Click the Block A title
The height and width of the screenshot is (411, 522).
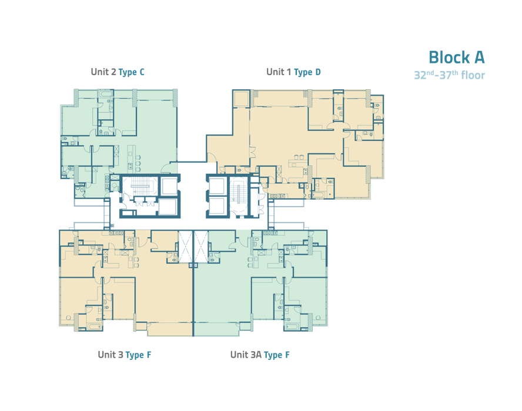pyautogui.click(x=456, y=57)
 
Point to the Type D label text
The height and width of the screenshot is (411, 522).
pyautogui.click(x=307, y=72)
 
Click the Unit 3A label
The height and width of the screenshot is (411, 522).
pyautogui.click(x=246, y=355)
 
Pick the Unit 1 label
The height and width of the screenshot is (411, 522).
pyautogui.click(x=279, y=72)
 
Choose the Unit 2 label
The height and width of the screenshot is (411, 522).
pyautogui.click(x=103, y=72)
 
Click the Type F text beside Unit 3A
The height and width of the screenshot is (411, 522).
pyautogui.click(x=276, y=355)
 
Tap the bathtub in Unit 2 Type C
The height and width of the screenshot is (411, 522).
pyautogui.click(x=105, y=93)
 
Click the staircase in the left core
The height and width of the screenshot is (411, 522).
pyautogui.click(x=140, y=186)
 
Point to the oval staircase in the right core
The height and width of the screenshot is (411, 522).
pyautogui.click(x=239, y=194)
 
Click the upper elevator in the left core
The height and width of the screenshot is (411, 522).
pyautogui.click(x=169, y=186)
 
